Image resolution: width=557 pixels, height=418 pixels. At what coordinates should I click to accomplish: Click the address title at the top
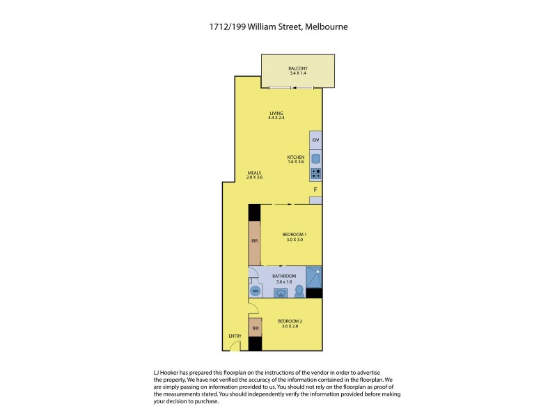click(278, 27)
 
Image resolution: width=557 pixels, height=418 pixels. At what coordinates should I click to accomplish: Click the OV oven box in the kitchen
click(315, 141)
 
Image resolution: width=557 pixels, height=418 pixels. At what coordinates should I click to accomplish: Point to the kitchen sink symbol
click(315, 159)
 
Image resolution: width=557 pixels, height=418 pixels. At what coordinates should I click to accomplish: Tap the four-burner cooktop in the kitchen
click(315, 174)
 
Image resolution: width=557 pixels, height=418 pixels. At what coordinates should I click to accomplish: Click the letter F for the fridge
click(315, 189)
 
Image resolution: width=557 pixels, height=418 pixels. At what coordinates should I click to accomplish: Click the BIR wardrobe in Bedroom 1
click(255, 240)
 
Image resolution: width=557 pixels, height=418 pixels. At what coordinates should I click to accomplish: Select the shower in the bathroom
click(314, 277)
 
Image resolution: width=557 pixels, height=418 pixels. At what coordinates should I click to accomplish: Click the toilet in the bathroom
click(299, 291)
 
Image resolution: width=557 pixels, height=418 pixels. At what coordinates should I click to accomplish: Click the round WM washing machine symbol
click(255, 291)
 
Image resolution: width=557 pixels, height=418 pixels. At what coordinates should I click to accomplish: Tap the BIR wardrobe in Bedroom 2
click(255, 327)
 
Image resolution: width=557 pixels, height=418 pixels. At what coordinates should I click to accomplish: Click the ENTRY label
click(235, 336)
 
